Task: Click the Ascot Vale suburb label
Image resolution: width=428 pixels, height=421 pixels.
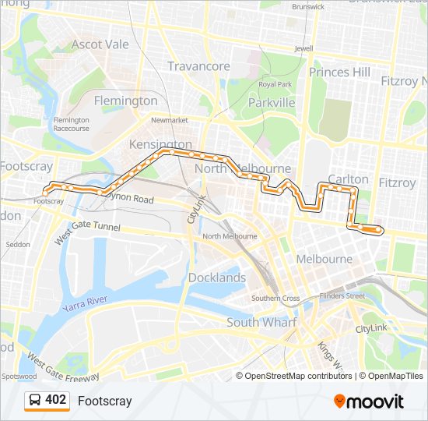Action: (x=100, y=44)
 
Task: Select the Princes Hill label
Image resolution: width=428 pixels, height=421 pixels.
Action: (x=340, y=72)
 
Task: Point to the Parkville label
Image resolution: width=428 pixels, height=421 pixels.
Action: (x=272, y=103)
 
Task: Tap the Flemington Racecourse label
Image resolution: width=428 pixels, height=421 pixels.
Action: (x=71, y=124)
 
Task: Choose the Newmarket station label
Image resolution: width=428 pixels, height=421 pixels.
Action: (x=170, y=120)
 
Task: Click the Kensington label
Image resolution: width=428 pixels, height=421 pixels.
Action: (x=160, y=145)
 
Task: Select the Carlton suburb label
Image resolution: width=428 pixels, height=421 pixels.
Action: (x=348, y=179)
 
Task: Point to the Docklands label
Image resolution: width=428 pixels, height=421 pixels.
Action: (x=216, y=278)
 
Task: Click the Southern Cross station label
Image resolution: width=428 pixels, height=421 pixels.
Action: (x=275, y=298)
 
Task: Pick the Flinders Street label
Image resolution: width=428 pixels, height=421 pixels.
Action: (x=342, y=295)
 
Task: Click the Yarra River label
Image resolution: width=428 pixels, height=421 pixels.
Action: (x=86, y=301)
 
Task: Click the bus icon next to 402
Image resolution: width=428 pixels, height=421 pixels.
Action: (x=35, y=401)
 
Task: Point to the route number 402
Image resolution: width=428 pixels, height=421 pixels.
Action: (x=56, y=400)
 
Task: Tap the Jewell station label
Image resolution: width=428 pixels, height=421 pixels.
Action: (x=303, y=48)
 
